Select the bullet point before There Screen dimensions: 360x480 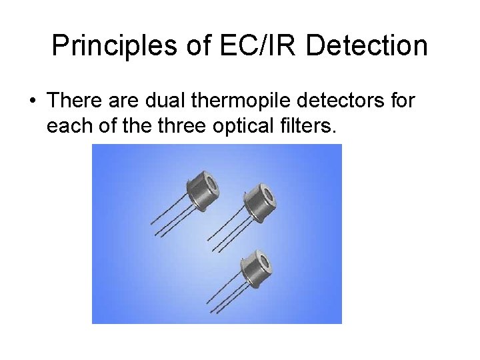tap(32, 101)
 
